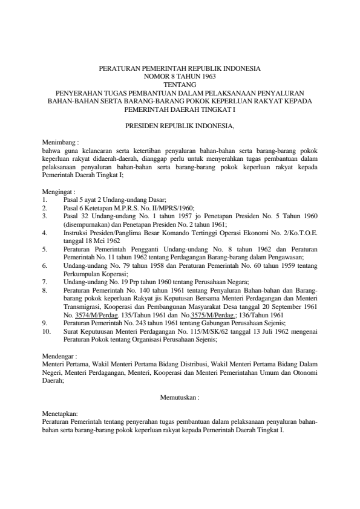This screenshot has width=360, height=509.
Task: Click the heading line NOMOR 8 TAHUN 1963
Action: (180, 77)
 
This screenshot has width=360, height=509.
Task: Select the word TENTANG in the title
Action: (180, 85)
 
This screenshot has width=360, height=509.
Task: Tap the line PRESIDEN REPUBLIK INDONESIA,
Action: (180, 127)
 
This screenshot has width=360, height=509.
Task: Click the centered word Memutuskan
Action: (178, 398)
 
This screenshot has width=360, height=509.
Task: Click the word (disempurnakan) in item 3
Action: (86, 223)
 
